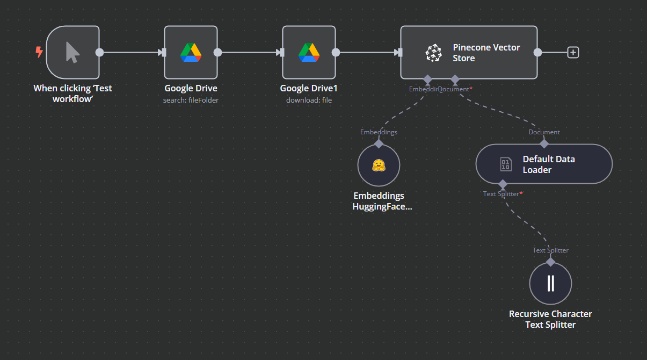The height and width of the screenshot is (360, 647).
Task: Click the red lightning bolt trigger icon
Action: pos(39,52)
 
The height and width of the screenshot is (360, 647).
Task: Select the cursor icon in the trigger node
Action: pos(72,52)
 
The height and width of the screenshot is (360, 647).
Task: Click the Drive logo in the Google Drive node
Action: pos(191,52)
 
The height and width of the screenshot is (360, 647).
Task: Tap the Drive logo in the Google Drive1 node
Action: pos(309,52)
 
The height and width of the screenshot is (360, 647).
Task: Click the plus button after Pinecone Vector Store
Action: pos(573,52)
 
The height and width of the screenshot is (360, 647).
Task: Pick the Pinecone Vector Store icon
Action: pos(433,53)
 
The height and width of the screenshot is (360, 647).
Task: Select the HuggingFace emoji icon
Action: pos(379,165)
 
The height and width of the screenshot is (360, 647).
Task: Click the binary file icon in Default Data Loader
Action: pos(506,164)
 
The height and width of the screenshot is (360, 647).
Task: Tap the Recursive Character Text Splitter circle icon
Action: pos(550,283)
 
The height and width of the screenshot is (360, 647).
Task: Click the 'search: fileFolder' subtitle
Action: pos(191,100)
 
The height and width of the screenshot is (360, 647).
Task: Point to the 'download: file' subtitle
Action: pos(309,100)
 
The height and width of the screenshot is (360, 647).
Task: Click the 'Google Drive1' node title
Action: pos(309,88)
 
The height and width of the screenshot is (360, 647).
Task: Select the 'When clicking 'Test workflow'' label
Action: pos(72,93)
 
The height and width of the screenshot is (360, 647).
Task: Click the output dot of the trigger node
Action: pos(99,52)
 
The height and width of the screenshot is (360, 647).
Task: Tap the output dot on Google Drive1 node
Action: pos(336,52)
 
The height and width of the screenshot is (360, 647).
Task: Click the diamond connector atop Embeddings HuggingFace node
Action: pos(379,143)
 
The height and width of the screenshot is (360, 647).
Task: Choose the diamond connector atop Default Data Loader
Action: pos(544,143)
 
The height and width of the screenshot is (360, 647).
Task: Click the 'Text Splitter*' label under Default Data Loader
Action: pos(503,193)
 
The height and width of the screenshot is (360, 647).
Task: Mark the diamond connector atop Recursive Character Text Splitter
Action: pos(550,262)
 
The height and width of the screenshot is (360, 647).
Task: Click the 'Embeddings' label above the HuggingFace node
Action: pos(379,132)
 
